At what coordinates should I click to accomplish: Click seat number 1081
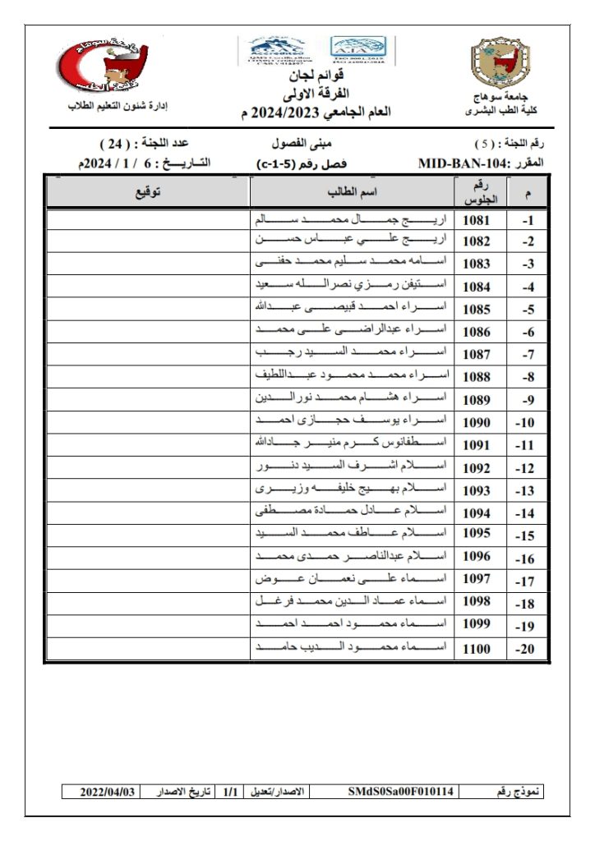477,220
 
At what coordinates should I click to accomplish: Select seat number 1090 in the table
477,422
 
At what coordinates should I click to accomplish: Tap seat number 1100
477,649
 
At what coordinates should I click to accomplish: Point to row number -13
527,490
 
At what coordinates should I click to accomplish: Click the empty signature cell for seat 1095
148,535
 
